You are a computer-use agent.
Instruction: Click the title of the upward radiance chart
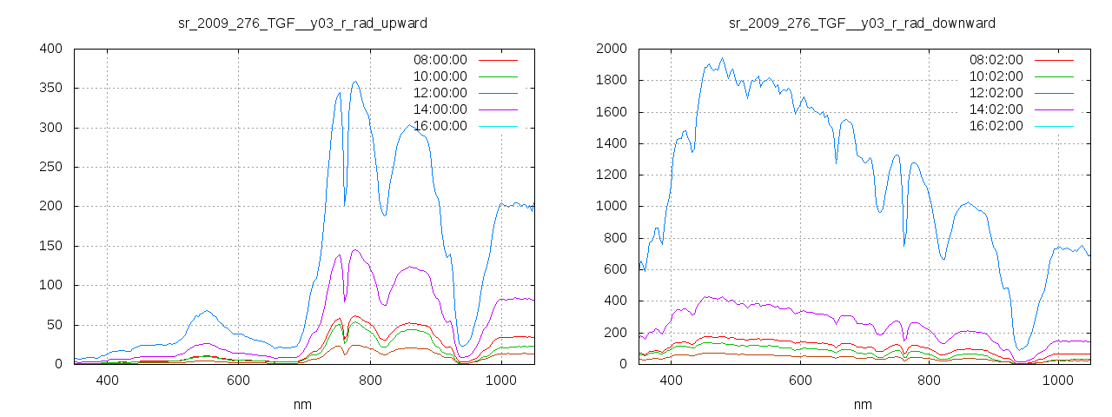coord(302,23)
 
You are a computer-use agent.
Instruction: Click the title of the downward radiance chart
coord(862,23)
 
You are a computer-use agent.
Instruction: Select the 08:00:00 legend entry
coord(440,60)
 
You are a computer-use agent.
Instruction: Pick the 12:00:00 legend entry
coord(440,93)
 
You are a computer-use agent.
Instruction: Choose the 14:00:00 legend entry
coord(440,109)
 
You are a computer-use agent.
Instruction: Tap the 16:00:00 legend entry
coord(440,126)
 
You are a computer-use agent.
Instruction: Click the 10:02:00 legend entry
coord(996,76)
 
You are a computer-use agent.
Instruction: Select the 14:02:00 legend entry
coord(996,109)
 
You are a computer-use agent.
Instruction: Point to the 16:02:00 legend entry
coord(996,126)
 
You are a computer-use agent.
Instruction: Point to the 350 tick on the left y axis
coord(50,88)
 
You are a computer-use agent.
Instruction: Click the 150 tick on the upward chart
coord(50,246)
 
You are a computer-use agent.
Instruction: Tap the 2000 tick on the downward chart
coord(610,49)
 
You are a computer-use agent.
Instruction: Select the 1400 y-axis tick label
coord(610,143)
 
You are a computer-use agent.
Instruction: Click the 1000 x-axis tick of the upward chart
coord(501,381)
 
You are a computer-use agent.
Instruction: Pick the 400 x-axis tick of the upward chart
coord(107,381)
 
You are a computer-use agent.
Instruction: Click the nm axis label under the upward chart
coord(302,404)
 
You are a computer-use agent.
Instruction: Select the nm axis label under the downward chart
coord(862,404)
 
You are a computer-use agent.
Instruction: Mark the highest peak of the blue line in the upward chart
coord(355,82)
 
